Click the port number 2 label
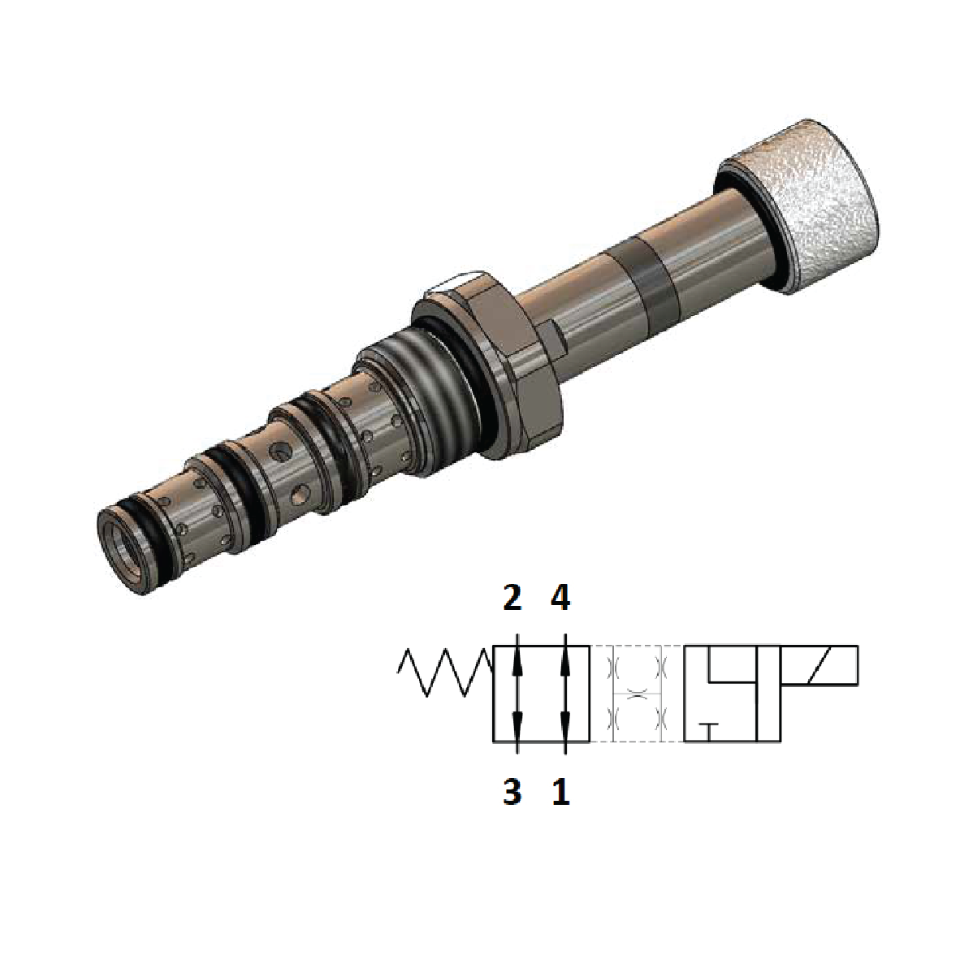[512, 599]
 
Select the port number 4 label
[560, 599]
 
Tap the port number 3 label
[512, 791]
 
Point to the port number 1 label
[560, 791]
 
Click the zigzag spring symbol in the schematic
[445, 673]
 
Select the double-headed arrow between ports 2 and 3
[517, 694]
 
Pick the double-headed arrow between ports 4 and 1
[565, 694]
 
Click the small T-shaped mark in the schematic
[709, 729]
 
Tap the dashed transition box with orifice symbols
[637, 694]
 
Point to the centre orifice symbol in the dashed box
[637, 694]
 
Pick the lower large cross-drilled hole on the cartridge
[300, 491]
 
